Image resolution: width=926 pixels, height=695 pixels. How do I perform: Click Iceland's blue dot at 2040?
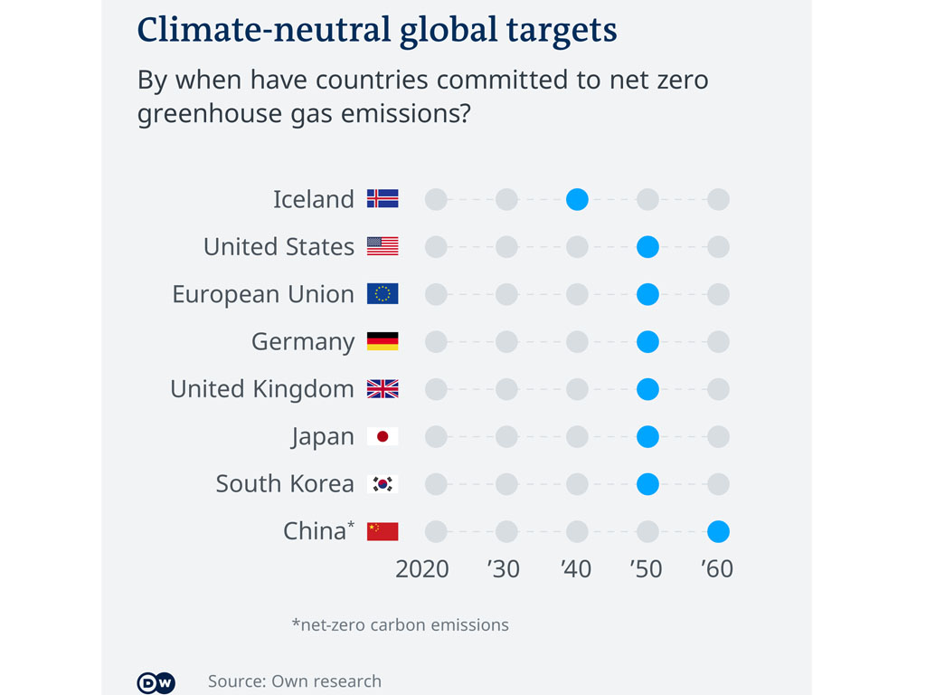point(577,199)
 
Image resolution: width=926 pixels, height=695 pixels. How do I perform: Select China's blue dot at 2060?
point(718,531)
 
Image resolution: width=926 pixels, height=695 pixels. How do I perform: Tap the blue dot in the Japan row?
point(647,436)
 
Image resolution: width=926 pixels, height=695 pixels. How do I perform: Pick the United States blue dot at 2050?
point(647,246)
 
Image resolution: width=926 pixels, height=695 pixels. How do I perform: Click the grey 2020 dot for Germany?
point(436,341)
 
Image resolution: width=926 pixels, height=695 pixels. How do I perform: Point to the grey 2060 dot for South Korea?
point(718,484)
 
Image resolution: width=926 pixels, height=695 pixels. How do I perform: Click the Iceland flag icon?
point(383,199)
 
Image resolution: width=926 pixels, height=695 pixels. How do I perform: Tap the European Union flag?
point(383,294)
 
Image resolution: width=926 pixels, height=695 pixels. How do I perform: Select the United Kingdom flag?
point(383,389)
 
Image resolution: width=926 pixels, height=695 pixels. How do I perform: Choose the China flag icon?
point(383,531)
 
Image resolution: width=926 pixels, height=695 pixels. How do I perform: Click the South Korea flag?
point(383,484)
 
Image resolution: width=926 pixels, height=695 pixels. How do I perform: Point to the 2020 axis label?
point(422,569)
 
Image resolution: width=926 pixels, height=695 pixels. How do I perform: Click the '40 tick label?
point(575,569)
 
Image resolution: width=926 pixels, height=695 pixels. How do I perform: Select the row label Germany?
point(303,342)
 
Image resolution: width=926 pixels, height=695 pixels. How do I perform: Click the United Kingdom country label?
point(262,389)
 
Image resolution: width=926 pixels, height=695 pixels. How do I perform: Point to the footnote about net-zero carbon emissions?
point(400,624)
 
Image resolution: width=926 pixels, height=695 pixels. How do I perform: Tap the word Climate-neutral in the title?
point(264,30)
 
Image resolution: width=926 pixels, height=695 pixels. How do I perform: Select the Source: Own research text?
point(295,681)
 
